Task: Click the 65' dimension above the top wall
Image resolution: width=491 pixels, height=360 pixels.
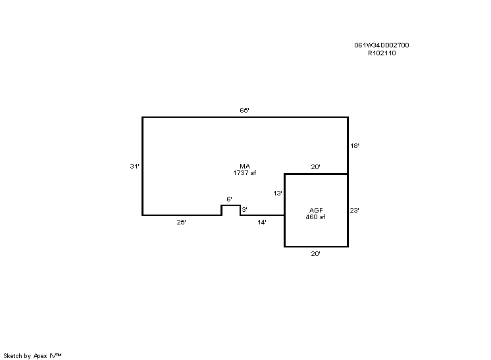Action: click(244, 110)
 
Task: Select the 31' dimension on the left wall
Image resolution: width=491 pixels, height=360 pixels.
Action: click(135, 167)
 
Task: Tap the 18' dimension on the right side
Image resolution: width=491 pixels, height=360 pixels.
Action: click(355, 146)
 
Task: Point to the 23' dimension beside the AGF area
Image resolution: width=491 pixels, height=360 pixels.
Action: click(355, 211)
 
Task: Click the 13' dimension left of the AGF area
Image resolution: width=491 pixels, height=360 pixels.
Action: click(278, 193)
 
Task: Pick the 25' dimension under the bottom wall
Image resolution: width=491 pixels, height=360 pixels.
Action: click(181, 222)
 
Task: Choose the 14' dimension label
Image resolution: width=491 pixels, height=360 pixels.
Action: click(262, 222)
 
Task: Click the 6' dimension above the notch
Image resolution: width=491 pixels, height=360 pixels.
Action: click(229, 199)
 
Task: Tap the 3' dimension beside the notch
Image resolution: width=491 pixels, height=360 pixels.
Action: click(245, 210)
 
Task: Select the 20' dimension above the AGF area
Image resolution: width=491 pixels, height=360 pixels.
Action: click(316, 167)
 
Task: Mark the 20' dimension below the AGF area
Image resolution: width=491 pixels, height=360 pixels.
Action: click(316, 254)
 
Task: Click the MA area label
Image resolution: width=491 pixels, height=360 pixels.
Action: click(245, 167)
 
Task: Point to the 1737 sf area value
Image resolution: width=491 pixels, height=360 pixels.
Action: click(245, 173)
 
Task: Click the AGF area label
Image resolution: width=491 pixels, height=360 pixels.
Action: click(316, 211)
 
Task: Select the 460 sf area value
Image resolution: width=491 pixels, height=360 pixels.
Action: click(316, 217)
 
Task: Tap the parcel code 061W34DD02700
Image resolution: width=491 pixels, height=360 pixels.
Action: click(382, 45)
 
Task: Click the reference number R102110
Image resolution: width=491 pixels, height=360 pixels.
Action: click(382, 53)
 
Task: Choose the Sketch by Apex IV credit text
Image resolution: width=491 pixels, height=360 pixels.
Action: click(32, 356)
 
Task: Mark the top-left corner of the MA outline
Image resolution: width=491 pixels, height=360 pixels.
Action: click(142, 117)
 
